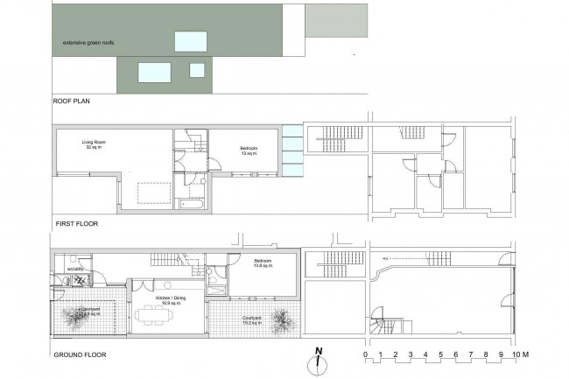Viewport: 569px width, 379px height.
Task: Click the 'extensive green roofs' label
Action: (89, 42)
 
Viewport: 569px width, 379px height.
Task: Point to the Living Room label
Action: (93, 145)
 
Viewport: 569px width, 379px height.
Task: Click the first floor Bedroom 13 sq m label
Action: (249, 151)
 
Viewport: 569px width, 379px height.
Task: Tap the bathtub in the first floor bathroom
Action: (189, 204)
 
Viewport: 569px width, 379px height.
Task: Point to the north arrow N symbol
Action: (320, 354)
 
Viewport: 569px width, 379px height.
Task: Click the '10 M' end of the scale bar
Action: (522, 354)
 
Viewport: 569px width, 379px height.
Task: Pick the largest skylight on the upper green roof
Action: (190, 40)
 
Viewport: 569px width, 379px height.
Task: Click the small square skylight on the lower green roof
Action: (197, 69)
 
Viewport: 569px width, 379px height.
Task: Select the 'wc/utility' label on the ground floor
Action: (62, 269)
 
